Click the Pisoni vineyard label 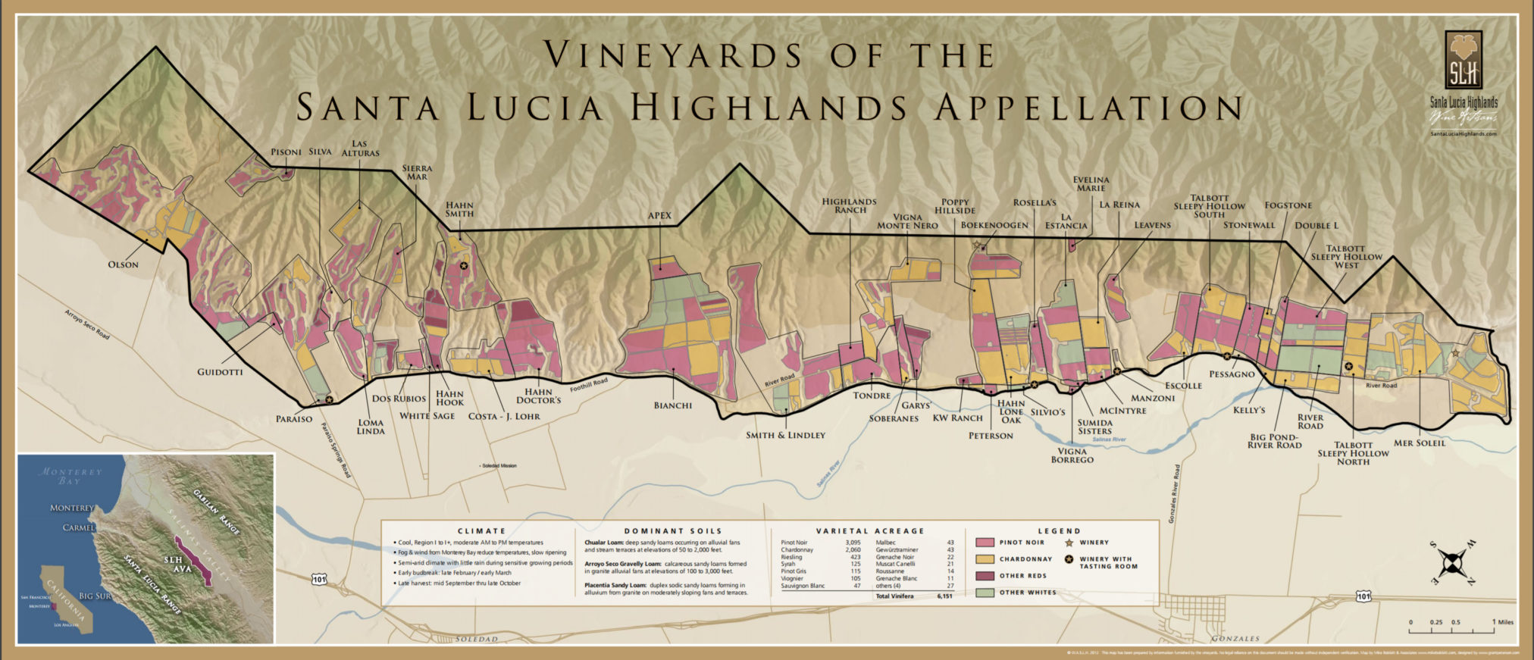coord(286,152)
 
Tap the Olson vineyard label coord(123,264)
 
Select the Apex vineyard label coord(659,216)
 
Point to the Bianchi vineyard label coord(672,405)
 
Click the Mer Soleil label coord(1419,443)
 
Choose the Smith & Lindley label coord(785,435)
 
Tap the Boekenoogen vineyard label coord(994,225)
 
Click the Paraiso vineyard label coord(294,419)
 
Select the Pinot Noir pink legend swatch coord(985,543)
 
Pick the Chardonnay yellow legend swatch coord(985,559)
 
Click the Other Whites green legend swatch coord(985,593)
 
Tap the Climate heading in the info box coord(481,531)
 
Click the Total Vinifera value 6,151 coord(944,596)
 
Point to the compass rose coord(1451,563)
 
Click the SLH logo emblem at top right coord(1463,61)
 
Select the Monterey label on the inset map coord(72,508)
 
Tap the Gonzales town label coord(1235,639)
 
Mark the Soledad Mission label coord(499,465)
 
